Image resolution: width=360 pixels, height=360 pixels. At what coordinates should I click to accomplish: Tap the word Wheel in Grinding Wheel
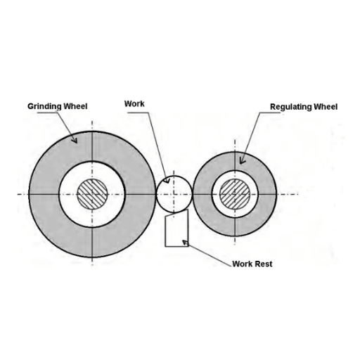tap(75, 106)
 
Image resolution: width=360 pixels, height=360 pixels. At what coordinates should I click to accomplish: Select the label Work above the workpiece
tap(134, 104)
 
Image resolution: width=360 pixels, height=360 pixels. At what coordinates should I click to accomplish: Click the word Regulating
tap(291, 107)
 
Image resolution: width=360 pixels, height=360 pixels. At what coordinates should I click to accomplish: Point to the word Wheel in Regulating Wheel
tap(326, 107)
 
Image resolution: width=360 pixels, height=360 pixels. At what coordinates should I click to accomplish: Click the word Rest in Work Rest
tap(264, 264)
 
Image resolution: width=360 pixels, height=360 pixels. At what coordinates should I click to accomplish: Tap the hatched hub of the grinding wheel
tap(92, 194)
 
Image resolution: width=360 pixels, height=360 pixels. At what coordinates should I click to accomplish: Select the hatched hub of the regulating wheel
tap(235, 194)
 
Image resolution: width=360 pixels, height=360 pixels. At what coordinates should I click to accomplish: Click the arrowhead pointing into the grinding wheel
tap(75, 140)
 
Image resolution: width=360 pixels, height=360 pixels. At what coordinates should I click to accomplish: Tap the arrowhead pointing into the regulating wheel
tap(242, 161)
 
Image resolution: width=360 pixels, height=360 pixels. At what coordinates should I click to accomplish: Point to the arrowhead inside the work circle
tap(167, 181)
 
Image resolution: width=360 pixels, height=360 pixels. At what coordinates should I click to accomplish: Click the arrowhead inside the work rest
tap(185, 243)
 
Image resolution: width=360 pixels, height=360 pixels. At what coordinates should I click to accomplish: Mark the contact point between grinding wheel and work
tap(156, 194)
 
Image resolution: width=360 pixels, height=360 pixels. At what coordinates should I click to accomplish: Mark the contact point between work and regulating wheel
tap(192, 194)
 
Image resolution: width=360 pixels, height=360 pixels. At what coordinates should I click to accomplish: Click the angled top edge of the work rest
tap(177, 212)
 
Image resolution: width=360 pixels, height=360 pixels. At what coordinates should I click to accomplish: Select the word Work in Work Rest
tap(243, 264)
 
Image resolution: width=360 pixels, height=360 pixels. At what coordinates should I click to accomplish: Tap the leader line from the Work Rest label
tap(209, 255)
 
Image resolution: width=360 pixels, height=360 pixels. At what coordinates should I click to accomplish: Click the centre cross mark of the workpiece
tap(174, 194)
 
